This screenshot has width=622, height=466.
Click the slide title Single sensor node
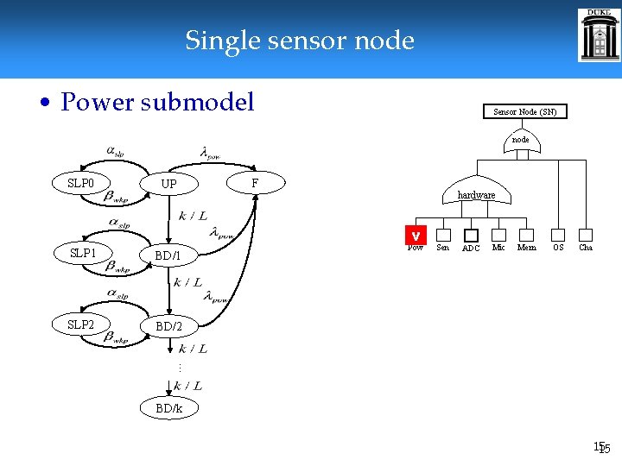[x=299, y=41]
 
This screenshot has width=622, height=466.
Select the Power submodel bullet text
[x=157, y=103]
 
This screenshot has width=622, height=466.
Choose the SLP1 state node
[x=82, y=254]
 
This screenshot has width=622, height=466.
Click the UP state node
[x=169, y=185]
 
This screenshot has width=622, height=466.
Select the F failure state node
[x=254, y=183]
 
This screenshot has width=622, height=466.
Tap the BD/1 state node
[x=168, y=255]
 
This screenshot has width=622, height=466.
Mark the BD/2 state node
[x=168, y=326]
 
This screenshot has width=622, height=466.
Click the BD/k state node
[x=168, y=408]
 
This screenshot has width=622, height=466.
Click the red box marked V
[x=416, y=235]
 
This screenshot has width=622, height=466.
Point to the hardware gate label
[x=476, y=195]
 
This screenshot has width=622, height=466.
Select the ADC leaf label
[x=471, y=249]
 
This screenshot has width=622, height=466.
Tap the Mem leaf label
[x=526, y=248]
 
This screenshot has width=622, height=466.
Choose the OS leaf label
[x=558, y=248]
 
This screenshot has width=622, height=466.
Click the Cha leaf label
[x=586, y=248]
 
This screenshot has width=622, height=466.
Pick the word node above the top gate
[x=520, y=139]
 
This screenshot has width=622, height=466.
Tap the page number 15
[x=600, y=448]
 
